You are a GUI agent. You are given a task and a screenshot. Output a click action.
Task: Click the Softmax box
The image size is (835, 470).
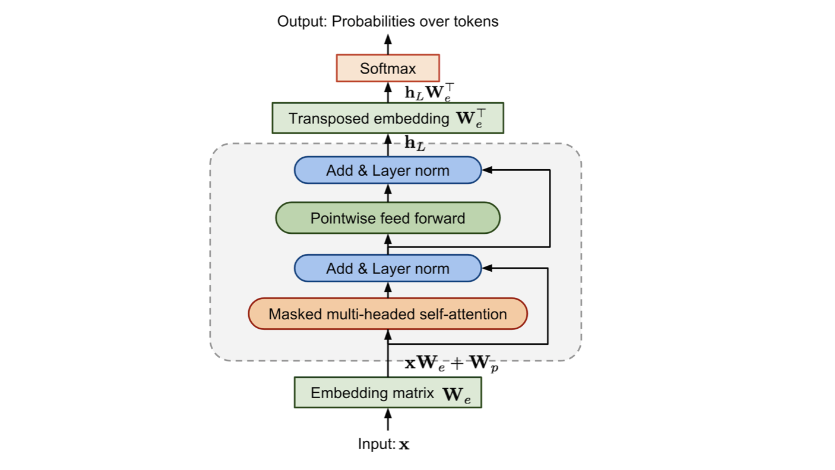[x=388, y=68]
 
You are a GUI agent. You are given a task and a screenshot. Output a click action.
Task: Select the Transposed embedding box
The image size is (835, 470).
[x=388, y=118]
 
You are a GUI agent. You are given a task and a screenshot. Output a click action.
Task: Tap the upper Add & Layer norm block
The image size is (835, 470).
[x=388, y=170]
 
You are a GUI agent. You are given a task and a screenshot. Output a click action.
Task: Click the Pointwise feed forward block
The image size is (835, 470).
[x=388, y=218]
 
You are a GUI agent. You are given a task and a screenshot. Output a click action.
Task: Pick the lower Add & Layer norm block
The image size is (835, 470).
[x=388, y=268]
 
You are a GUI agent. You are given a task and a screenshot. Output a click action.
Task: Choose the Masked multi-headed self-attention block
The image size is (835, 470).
[x=388, y=314]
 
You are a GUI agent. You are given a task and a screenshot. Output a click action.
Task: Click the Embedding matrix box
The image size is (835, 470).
[x=388, y=393]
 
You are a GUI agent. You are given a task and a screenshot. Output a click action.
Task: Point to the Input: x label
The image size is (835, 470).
[x=384, y=444]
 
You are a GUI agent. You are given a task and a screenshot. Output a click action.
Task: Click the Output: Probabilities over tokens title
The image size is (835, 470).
[x=388, y=22]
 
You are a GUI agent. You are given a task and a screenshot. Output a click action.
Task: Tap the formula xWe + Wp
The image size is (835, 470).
[x=451, y=363]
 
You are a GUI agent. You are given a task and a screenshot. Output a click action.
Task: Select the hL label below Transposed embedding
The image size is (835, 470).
[x=415, y=143]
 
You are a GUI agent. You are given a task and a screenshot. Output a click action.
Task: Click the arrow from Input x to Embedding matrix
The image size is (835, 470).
[x=388, y=420]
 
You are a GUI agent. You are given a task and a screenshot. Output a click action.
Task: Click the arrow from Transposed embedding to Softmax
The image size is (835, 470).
[x=388, y=92]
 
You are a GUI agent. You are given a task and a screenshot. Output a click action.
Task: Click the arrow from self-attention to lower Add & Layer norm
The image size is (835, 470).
[x=388, y=290]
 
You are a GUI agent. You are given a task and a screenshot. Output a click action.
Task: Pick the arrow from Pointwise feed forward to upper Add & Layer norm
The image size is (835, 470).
[x=388, y=193]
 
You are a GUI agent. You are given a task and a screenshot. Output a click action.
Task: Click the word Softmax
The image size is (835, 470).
[x=388, y=68]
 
